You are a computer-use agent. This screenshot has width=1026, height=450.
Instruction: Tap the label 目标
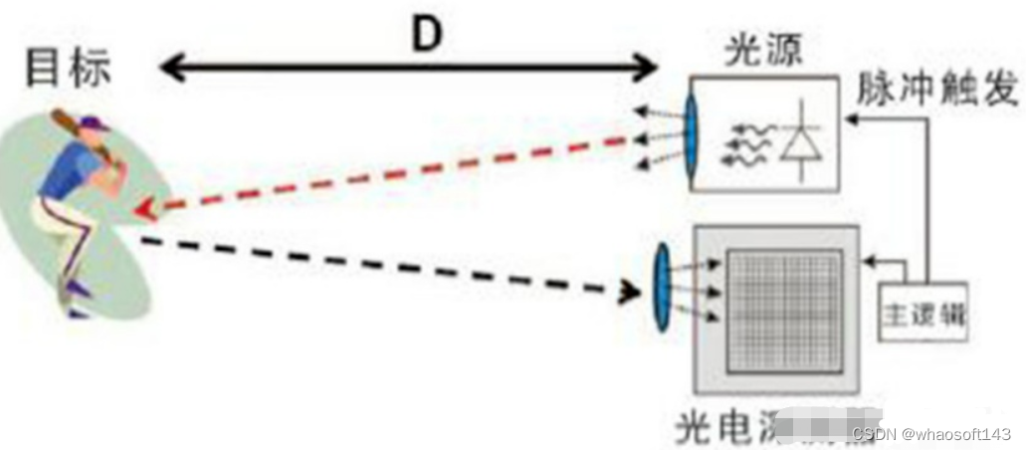pos(69,68)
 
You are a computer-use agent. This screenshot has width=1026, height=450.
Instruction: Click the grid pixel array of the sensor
pos(784,311)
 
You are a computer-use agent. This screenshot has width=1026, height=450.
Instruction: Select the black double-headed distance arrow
pos(409,69)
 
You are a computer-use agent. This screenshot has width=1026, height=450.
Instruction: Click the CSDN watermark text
pos(930,434)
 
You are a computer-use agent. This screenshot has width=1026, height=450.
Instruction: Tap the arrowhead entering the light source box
pos(849,118)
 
